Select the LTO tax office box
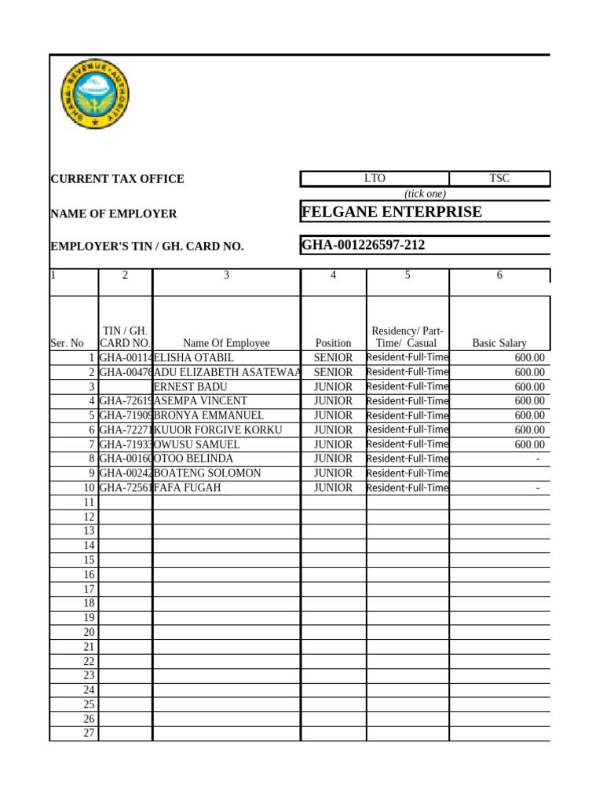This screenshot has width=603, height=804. tap(375, 179)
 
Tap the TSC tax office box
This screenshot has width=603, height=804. tap(499, 179)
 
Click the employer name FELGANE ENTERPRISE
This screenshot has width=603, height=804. tap(392, 212)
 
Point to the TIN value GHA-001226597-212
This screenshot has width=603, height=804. tap(364, 245)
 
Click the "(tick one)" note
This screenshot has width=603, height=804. tap(425, 194)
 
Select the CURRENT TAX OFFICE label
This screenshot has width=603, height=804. tap(117, 179)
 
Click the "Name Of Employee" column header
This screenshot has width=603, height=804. tap(226, 343)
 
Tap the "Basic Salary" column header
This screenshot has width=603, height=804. tap(499, 343)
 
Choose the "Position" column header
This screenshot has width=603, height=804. tap(333, 343)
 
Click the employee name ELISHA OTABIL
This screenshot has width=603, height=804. tap(194, 358)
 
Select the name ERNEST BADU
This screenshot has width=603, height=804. tap(191, 387)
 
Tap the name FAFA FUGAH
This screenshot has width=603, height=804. tap(188, 488)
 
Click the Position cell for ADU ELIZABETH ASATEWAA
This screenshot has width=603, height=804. tap(333, 372)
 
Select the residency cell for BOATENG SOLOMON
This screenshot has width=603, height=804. tap(407, 473)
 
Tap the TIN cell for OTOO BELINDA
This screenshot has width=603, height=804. tap(125, 459)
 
